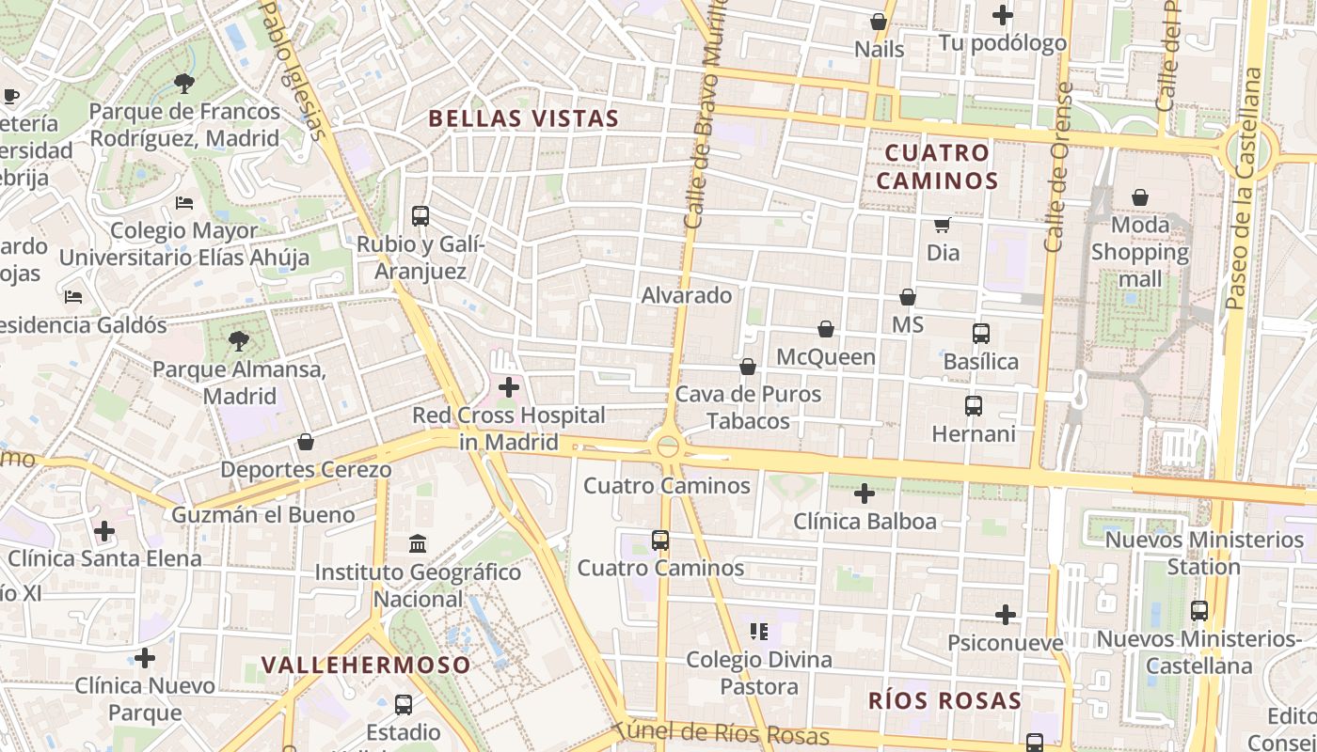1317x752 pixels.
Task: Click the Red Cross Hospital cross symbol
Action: [x=509, y=386]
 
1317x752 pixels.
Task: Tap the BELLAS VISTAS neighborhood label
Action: [x=524, y=118]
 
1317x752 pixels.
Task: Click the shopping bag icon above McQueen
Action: [x=825, y=329]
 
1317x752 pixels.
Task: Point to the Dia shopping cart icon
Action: [x=942, y=225]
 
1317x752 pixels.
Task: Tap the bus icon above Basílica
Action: [x=980, y=333]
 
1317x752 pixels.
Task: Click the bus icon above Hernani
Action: [x=974, y=406]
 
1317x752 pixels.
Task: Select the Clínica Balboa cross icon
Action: [x=865, y=493]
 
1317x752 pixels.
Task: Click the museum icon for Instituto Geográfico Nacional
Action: [x=418, y=543]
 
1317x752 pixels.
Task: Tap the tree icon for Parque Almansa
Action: [x=239, y=340]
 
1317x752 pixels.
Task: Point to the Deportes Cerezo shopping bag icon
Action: [x=306, y=442]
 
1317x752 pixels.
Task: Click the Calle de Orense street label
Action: [x=1058, y=167]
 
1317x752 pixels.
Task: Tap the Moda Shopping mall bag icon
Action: [x=1140, y=197]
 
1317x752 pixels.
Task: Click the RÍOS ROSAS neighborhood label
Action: [x=944, y=700]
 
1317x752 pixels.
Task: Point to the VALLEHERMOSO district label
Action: [x=366, y=665]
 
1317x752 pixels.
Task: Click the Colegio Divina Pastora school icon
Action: [x=759, y=631]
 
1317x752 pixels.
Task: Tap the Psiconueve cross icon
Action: [x=1006, y=615]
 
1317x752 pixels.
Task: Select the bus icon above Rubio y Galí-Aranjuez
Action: [x=420, y=216]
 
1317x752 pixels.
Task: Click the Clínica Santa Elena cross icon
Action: [x=104, y=531]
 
